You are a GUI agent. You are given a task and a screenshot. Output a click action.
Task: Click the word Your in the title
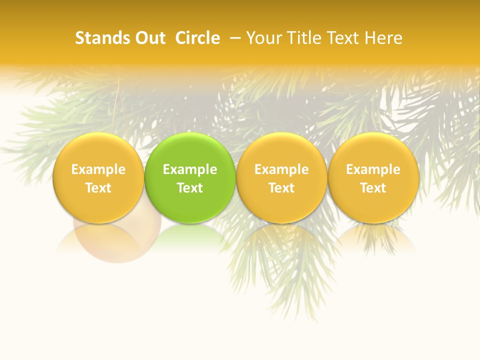click(262, 38)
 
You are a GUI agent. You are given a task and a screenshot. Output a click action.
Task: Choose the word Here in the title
click(383, 38)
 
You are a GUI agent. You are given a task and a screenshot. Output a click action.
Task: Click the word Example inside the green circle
click(190, 169)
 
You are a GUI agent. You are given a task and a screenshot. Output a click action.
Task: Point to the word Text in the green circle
click(190, 188)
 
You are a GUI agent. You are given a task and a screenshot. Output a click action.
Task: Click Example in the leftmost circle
click(98, 169)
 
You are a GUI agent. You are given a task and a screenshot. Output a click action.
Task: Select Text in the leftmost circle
click(98, 188)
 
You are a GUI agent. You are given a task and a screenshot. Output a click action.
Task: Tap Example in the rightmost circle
click(373, 169)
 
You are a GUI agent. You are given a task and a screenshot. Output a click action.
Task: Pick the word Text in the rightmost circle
click(373, 188)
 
